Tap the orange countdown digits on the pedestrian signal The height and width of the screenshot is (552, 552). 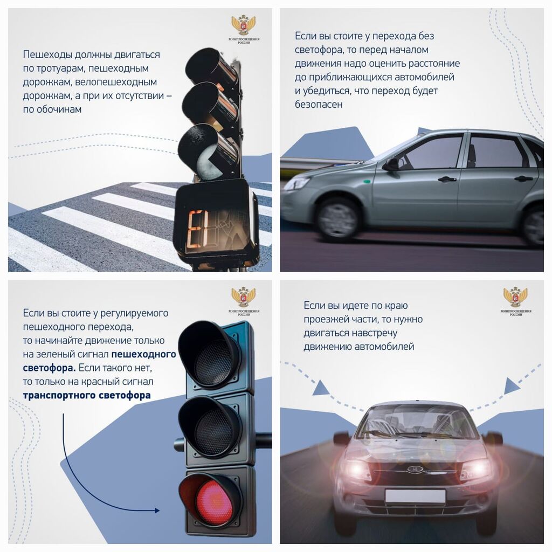point(196,229)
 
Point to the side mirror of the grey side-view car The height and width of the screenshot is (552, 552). point(392,164)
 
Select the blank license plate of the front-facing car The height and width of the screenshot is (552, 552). point(415,496)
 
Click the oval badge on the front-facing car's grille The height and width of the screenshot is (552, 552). point(415,469)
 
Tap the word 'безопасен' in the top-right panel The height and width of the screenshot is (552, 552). point(318,105)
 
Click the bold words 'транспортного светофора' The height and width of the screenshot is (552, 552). point(87,395)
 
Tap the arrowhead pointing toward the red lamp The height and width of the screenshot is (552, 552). point(157,510)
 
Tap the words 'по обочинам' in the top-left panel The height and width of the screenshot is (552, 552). point(52,109)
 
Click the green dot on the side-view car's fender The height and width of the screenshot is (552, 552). point(367,182)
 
